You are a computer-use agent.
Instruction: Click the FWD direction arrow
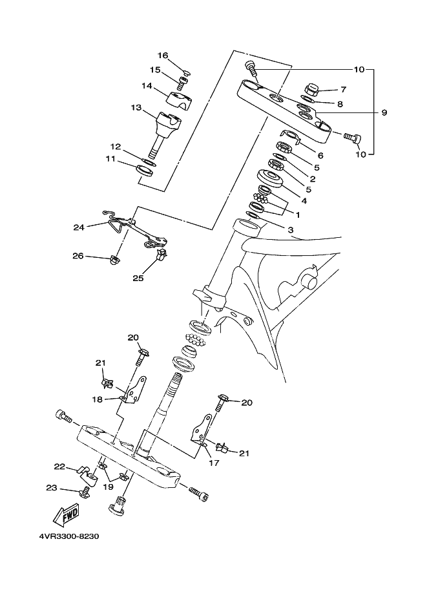click(66, 514)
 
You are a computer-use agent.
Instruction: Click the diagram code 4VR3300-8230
click(69, 536)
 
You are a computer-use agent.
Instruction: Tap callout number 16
click(163, 56)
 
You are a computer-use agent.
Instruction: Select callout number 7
click(343, 90)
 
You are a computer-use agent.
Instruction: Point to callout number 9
click(384, 112)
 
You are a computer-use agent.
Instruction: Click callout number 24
click(79, 227)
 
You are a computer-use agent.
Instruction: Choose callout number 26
click(78, 256)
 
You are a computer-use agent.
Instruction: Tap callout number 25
click(138, 279)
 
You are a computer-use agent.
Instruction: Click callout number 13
click(136, 108)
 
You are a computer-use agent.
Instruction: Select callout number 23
click(52, 488)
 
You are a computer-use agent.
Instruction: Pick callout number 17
click(214, 463)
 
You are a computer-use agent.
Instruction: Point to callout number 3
click(291, 229)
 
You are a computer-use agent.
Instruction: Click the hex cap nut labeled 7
click(311, 90)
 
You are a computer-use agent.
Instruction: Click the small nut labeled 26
click(114, 260)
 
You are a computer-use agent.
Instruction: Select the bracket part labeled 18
click(134, 390)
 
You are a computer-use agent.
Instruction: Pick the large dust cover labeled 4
click(270, 180)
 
